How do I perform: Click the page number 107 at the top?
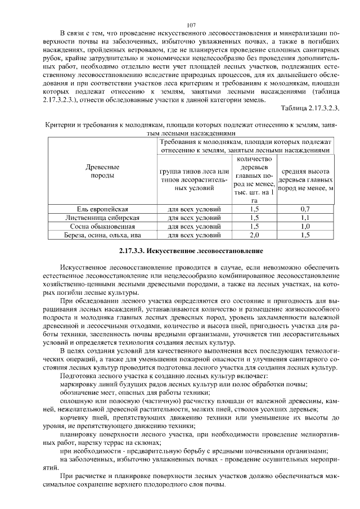click(190, 25)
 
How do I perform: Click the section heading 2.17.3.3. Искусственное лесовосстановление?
click(191, 249)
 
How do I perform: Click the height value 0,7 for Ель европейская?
click(305, 209)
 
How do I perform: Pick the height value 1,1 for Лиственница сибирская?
click(305, 218)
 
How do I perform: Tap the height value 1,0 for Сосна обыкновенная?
click(305, 226)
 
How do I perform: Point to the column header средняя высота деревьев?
click(305, 180)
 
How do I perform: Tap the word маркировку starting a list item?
click(78, 384)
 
